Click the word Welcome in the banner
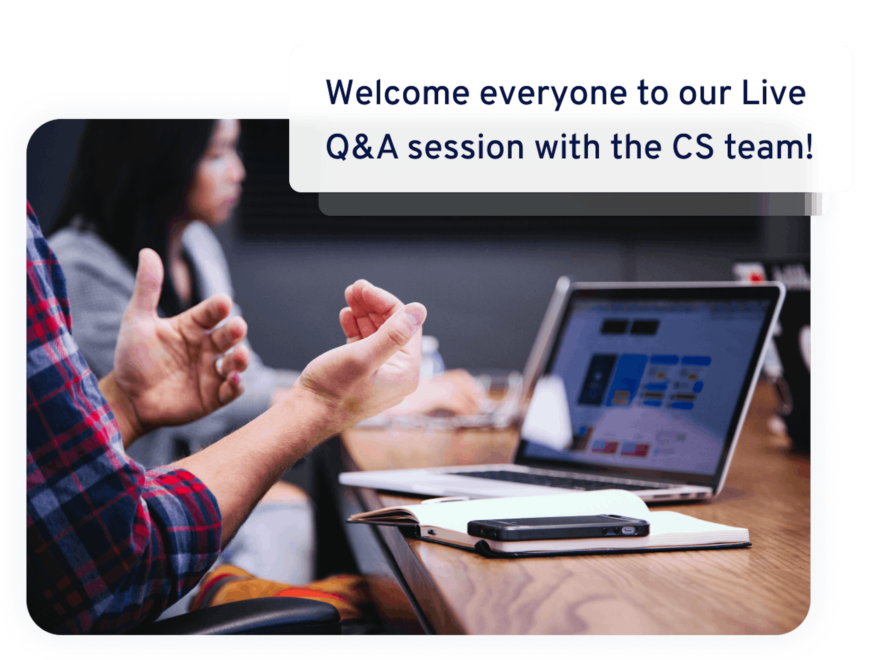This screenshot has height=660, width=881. pos(397,92)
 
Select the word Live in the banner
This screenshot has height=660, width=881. pos(773,92)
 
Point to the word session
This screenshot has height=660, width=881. pos(466,148)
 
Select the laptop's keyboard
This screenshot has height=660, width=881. pos(558,480)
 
